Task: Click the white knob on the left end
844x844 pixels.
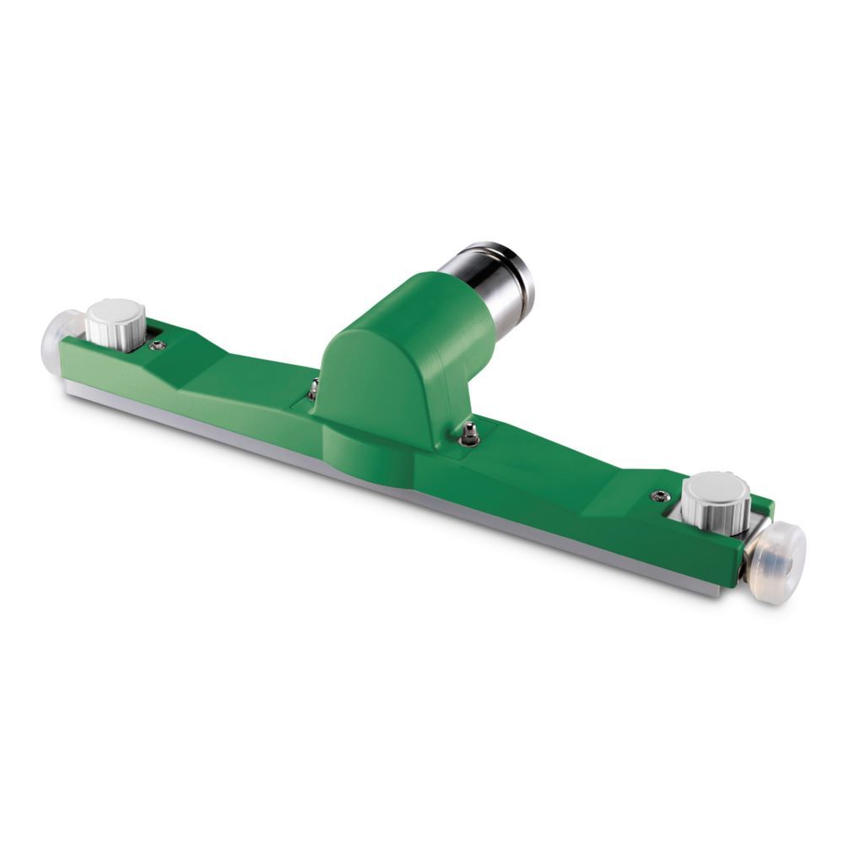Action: click(116, 323)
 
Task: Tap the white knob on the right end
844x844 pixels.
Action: click(716, 498)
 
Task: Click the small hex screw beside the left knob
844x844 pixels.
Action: click(157, 344)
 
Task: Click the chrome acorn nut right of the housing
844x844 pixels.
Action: click(470, 435)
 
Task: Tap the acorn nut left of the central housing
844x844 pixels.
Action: click(313, 389)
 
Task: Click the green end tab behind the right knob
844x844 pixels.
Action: click(762, 505)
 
